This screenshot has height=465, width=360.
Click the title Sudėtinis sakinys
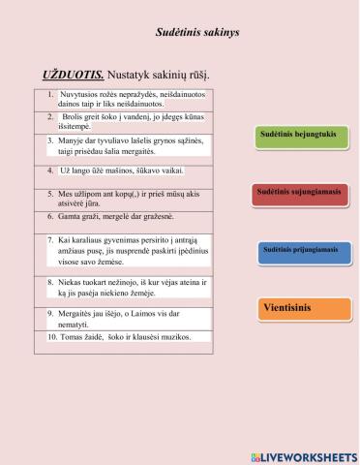(197, 32)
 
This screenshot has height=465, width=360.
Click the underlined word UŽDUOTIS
(73, 75)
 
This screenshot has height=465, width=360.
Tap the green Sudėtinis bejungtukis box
(296, 136)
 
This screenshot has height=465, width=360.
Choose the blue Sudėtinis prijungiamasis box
(300, 250)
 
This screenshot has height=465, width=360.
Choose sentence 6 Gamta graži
(115, 218)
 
